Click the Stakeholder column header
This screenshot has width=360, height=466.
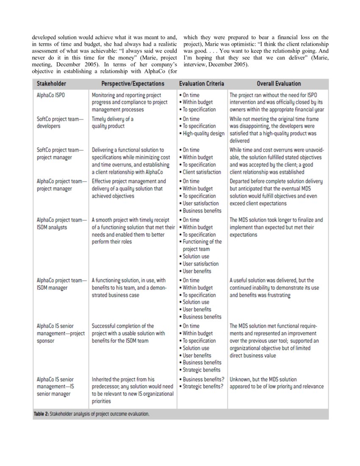pyautogui.click(x=51, y=84)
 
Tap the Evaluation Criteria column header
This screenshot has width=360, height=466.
pyautogui.click(x=202, y=84)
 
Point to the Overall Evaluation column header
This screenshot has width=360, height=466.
pyautogui.click(x=277, y=84)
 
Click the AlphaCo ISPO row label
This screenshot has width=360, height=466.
pyautogui.click(x=51, y=95)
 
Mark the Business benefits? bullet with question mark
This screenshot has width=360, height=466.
pyautogui.click(x=202, y=380)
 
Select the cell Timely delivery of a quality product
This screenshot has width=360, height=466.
pyautogui.click(x=113, y=122)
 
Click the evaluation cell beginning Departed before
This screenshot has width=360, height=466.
pyautogui.click(x=276, y=192)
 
